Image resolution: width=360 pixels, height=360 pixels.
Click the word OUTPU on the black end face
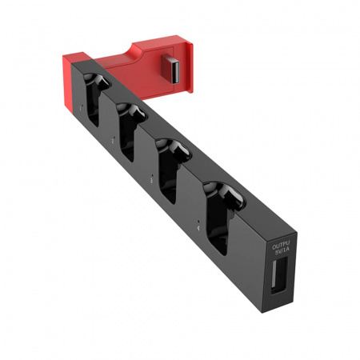[x=281, y=246]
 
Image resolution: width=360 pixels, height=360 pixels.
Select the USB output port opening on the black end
[x=279, y=274]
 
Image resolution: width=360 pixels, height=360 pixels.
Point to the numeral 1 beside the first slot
[x=81, y=108]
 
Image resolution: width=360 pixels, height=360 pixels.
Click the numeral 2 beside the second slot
[x=114, y=140]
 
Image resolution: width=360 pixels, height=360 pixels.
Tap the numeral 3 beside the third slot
[x=151, y=181]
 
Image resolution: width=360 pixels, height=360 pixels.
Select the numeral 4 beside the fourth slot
[x=198, y=228]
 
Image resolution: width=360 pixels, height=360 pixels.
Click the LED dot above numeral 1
[x=82, y=105]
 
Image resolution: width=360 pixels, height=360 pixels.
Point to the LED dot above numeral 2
[x=114, y=136]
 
